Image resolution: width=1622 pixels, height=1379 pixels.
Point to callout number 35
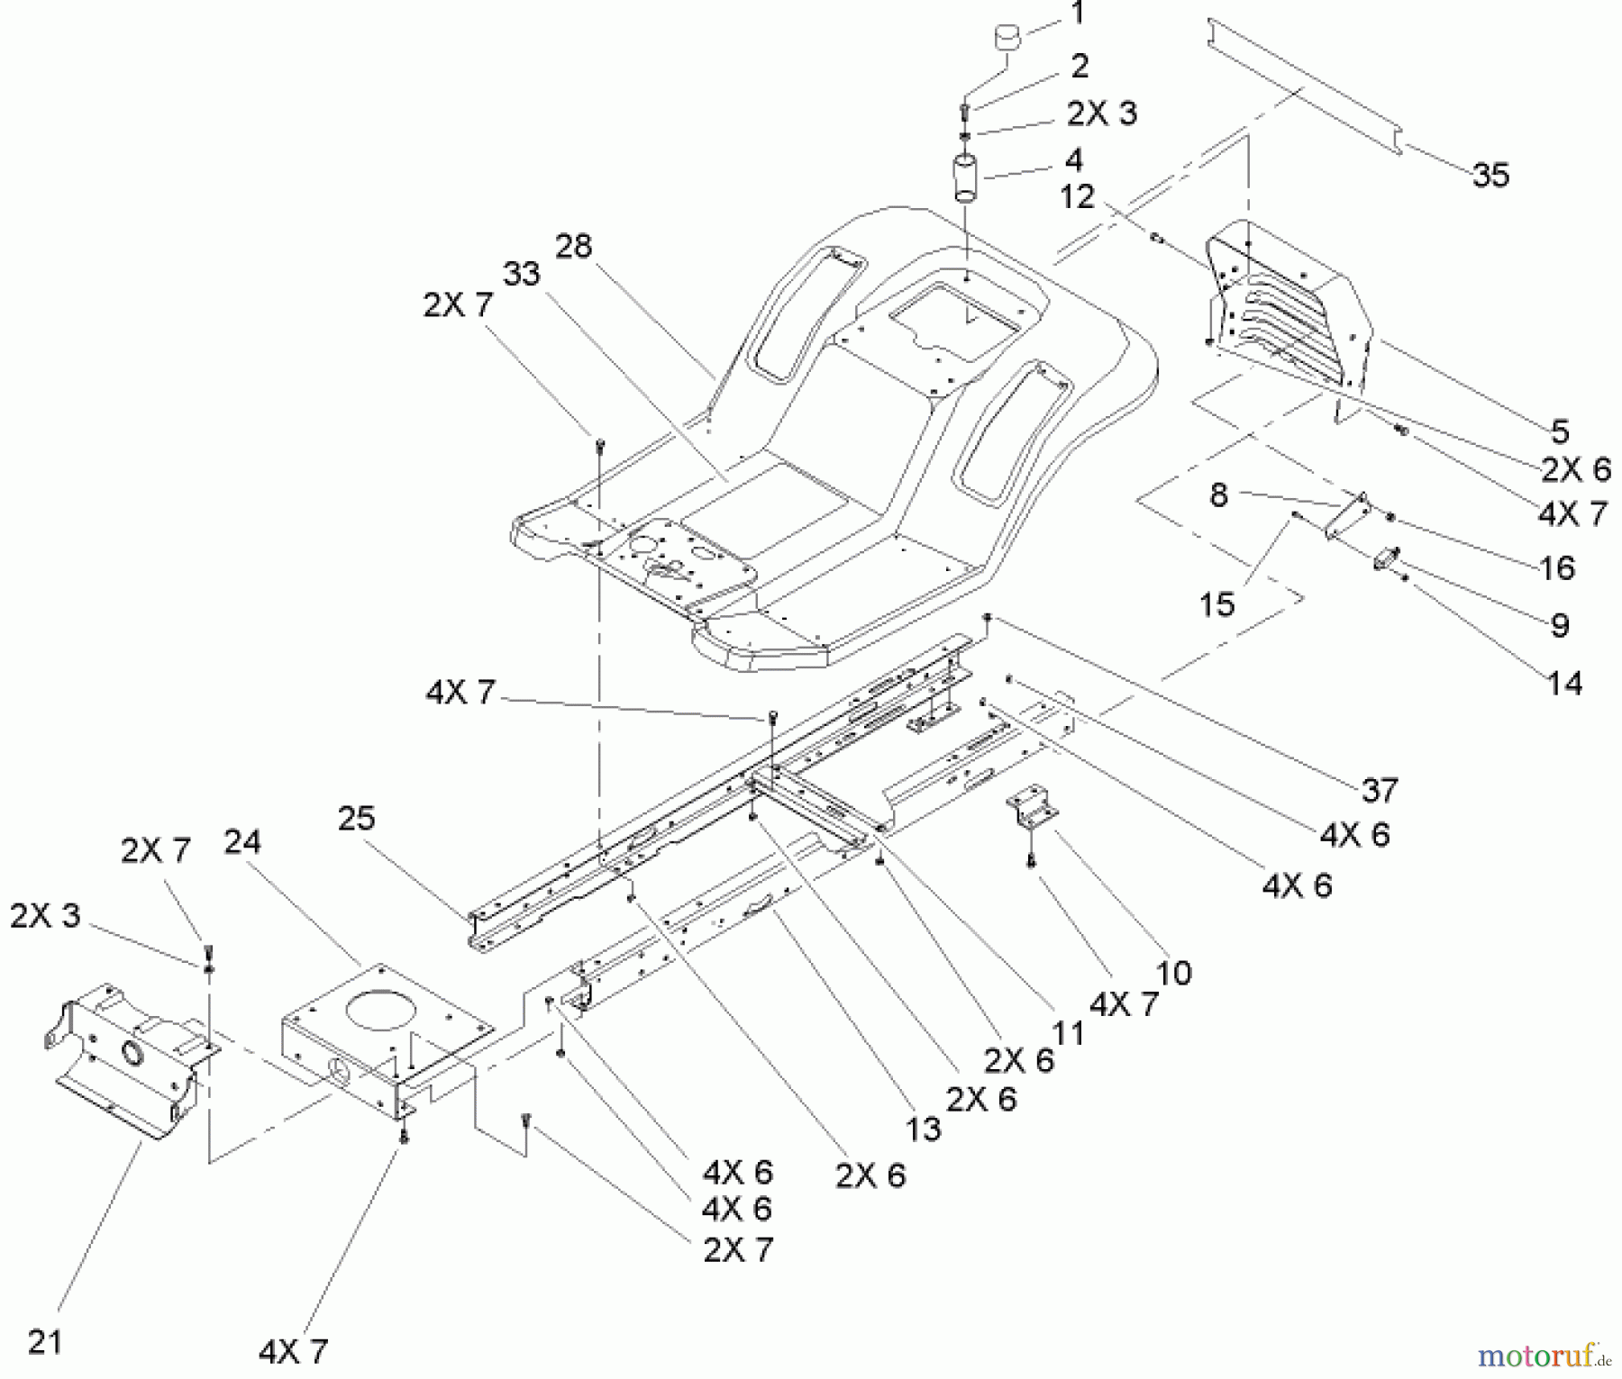click(x=1490, y=174)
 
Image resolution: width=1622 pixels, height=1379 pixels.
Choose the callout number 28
click(x=573, y=245)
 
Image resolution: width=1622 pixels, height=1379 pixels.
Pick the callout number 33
click(x=521, y=273)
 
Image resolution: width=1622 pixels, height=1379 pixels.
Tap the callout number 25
click(x=356, y=818)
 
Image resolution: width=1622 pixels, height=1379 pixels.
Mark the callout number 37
click(x=1380, y=790)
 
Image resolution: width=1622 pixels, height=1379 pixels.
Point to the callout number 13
click(x=923, y=1128)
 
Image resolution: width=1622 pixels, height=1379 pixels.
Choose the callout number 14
click(x=1564, y=683)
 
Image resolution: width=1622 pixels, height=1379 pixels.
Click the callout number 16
click(x=1556, y=567)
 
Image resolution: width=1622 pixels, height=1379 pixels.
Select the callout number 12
click(x=1077, y=196)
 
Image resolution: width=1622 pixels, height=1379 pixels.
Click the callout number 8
click(x=1218, y=494)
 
